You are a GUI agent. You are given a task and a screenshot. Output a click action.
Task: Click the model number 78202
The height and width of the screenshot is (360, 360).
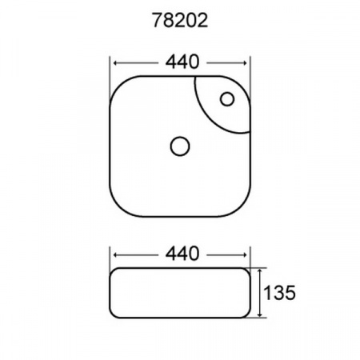179,22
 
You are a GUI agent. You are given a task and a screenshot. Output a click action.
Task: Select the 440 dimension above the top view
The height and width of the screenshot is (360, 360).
182,62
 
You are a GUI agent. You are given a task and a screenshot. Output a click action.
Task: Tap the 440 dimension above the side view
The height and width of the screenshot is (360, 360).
182,254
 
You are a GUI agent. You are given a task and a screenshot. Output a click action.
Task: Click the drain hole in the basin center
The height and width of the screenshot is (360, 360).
180,146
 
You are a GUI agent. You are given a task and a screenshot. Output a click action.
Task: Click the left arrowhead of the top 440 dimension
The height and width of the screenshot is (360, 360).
114,62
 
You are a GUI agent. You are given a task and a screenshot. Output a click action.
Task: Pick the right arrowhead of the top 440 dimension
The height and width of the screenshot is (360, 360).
249,62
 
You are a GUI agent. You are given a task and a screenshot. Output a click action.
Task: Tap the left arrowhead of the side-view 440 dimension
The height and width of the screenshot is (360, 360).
114,254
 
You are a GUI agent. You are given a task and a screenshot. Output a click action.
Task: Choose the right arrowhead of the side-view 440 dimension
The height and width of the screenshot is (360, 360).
247,254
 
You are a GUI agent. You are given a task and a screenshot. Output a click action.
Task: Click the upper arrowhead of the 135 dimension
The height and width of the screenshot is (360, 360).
260,271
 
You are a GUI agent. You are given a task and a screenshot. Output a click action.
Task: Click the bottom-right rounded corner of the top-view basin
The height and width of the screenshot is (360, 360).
245,207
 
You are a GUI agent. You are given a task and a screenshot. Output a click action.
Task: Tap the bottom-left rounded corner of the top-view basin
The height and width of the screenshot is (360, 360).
117,207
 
